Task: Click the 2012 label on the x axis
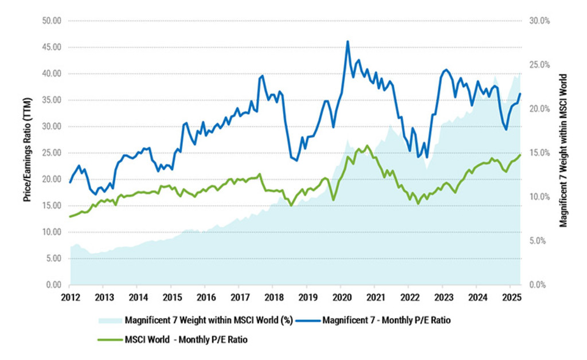pos(69,298)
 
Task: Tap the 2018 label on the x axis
pos(272,298)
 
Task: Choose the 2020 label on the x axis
pos(341,298)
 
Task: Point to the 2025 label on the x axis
pos(510,298)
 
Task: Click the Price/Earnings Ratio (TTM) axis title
pos(27,153)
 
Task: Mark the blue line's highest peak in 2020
pos(347,41)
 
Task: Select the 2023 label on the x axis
pos(442,298)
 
